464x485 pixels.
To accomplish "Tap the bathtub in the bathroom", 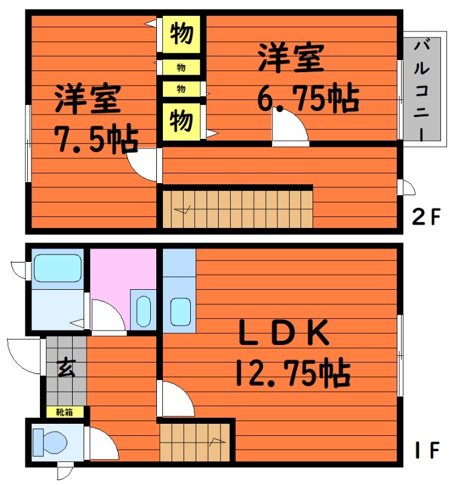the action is (x=58, y=268).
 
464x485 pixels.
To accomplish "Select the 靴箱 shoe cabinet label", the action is (x=65, y=412).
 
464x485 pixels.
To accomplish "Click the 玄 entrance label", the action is (x=67, y=367).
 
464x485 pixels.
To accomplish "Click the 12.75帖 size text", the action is (x=293, y=372).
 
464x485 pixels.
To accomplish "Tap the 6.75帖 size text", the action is (x=308, y=97).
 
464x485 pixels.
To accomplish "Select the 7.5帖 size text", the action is (x=96, y=139).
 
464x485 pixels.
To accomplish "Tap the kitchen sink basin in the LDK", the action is (x=181, y=312).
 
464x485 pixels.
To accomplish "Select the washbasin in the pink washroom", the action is (x=144, y=311).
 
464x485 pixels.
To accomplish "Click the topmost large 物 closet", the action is (x=182, y=34).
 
